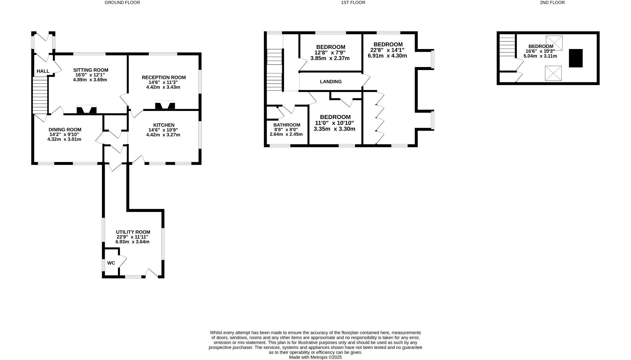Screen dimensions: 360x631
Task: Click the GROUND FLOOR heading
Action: tap(122, 3)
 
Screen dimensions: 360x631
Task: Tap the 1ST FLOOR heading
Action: tap(353, 3)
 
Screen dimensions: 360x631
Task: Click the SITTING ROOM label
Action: tap(91, 70)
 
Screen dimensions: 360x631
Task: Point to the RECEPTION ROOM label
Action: tap(164, 77)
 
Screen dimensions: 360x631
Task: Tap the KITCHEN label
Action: tap(164, 125)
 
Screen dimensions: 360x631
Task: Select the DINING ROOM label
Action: tap(65, 130)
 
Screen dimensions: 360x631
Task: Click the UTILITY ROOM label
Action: tap(133, 232)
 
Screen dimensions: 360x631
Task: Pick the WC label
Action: tap(111, 263)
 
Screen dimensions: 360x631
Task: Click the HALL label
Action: tap(43, 71)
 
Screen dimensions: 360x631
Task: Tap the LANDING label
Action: tap(331, 82)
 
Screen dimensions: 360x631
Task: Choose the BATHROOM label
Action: tap(287, 125)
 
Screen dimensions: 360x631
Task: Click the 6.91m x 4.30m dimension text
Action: tap(387, 56)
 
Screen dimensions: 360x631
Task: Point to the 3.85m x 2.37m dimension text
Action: tap(330, 58)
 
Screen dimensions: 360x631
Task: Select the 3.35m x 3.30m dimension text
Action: tap(334, 129)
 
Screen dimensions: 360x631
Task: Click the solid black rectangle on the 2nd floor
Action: tap(576, 58)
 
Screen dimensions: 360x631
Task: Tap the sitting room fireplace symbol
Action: tap(87, 110)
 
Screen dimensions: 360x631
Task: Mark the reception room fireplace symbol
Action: tap(165, 106)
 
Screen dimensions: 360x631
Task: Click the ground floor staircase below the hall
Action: tap(40, 95)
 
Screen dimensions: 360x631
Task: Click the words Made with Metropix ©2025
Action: tap(315, 357)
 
